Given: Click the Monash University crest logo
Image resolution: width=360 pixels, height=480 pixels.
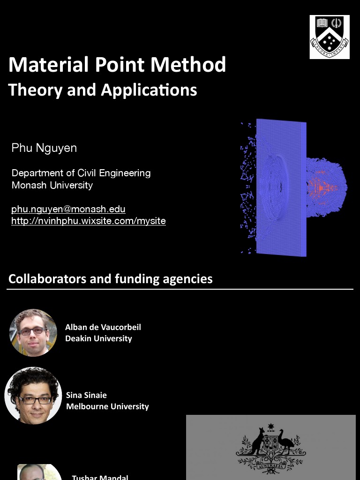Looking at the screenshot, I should coord(330,37).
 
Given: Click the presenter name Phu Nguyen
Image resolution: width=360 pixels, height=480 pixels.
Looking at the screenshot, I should coord(44,148).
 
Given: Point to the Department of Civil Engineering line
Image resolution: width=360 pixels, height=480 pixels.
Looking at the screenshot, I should coord(81,173).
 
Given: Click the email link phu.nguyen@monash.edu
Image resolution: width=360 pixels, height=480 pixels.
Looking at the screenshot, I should coord(68,209).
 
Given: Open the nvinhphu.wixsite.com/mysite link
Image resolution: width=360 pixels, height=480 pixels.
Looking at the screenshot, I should coord(89,220).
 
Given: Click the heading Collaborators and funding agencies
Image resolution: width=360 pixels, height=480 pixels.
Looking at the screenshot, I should coord(111,279).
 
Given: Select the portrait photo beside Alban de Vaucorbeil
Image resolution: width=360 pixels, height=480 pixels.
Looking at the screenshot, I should coord(33,333).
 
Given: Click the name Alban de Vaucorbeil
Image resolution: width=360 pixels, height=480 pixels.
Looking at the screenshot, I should coord(103,327).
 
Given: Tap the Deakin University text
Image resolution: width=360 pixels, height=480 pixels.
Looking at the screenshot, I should coord(98,338).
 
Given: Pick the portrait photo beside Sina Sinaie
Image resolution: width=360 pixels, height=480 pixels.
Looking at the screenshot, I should coord(33,396).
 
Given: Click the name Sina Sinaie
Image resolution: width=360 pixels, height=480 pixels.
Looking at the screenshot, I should coord(86,395).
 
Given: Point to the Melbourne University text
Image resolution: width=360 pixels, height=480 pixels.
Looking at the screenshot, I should coord(107,406).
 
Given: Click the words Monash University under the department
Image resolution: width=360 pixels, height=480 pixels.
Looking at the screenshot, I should coord(52,185).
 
